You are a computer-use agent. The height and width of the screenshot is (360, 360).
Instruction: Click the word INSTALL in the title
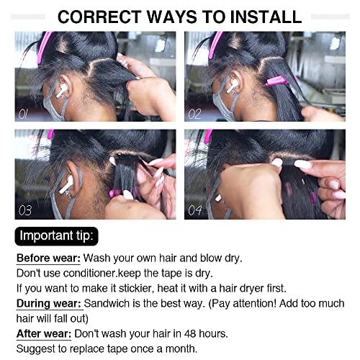(x=260, y=16)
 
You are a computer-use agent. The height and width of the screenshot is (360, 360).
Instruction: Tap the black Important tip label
(x=58, y=235)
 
